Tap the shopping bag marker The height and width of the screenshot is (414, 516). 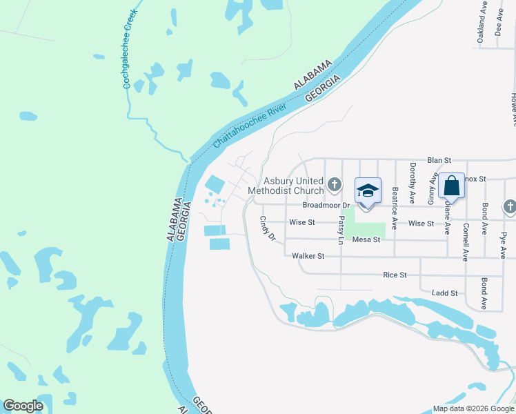451,186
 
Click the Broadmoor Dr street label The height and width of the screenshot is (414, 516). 327,206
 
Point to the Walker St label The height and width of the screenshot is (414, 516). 308,256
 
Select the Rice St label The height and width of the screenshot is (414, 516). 395,275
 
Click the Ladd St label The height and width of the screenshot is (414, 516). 444,293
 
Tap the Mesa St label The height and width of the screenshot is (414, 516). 366,239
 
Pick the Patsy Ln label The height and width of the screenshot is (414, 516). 341,230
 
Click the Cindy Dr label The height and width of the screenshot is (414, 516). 267,228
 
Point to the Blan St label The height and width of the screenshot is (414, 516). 438,159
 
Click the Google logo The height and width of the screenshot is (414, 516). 23,406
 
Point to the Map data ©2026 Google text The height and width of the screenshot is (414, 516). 473,408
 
